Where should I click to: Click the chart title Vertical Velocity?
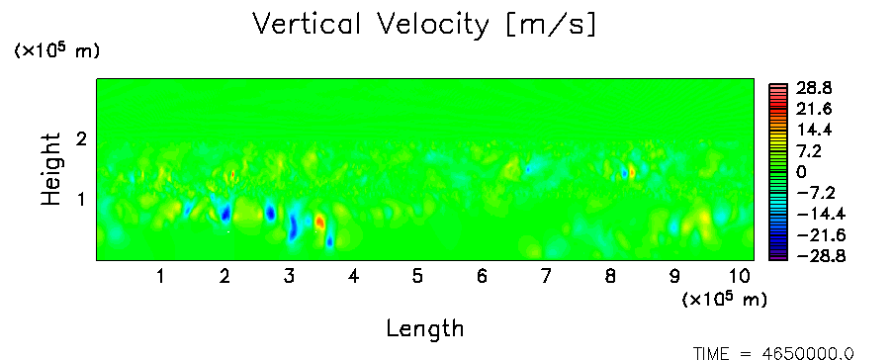pyautogui.click(x=371, y=25)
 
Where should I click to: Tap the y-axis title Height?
pyautogui.click(x=50, y=169)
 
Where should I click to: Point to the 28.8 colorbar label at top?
pyautogui.click(x=816, y=88)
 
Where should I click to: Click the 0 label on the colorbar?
pyautogui.click(x=802, y=172)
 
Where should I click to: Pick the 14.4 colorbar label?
pyautogui.click(x=816, y=131)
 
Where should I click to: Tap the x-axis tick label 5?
pyautogui.click(x=417, y=277)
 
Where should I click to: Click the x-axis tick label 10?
pyautogui.click(x=739, y=277)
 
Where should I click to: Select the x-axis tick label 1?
pyautogui.click(x=161, y=277)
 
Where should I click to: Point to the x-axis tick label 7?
pyautogui.click(x=546, y=277)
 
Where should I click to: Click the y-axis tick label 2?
pyautogui.click(x=81, y=138)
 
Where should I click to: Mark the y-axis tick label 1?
pyautogui.click(x=81, y=200)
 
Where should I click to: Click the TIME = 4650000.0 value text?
pyautogui.click(x=773, y=354)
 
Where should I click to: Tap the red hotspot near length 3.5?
pyautogui.click(x=319, y=222)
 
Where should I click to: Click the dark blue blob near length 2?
pyautogui.click(x=225, y=214)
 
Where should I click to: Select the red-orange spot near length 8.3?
pyautogui.click(x=632, y=172)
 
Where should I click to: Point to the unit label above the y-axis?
pyautogui.click(x=56, y=50)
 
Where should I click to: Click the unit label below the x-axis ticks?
pyautogui.click(x=724, y=299)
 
